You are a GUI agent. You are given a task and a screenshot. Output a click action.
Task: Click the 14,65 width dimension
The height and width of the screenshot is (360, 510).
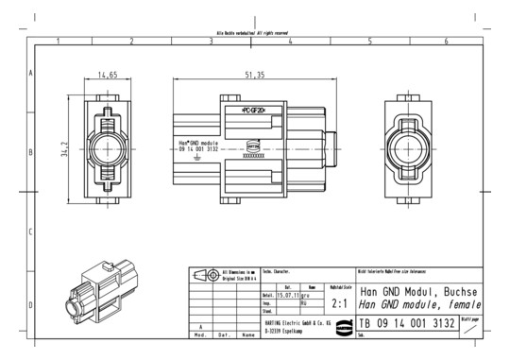106,74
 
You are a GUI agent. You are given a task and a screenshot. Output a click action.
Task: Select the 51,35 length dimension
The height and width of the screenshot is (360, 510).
254,74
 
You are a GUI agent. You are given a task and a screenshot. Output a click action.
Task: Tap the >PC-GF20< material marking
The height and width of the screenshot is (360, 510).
254,111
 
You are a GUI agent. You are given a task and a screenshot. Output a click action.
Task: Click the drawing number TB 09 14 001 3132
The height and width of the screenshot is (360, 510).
406,324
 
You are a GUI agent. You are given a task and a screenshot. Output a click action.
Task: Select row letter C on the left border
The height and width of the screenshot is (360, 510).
32,231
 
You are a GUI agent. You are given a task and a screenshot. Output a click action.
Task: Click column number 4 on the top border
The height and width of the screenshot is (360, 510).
290,43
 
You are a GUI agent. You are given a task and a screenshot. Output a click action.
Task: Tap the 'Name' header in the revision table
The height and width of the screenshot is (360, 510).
248,334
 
